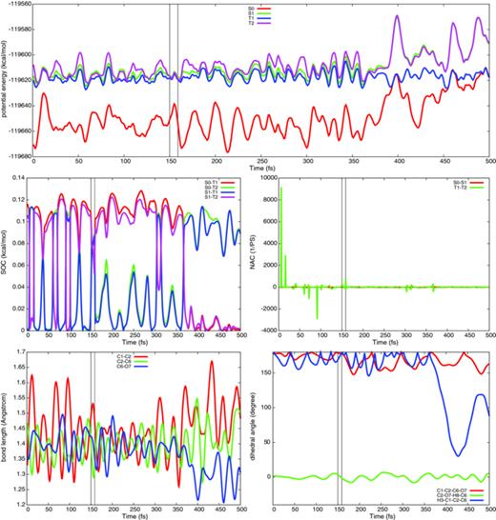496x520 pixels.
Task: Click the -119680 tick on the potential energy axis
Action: click(16, 156)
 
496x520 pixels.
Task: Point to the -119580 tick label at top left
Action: click(16, 5)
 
